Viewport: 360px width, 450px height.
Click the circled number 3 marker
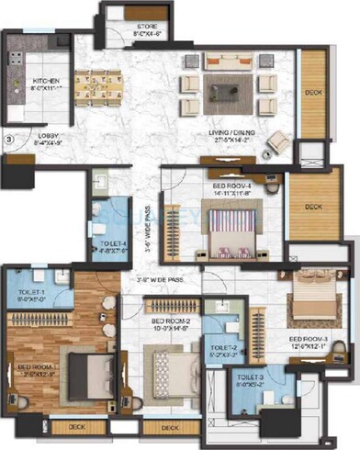(9, 141)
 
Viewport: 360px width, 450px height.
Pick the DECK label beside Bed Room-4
(313, 208)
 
